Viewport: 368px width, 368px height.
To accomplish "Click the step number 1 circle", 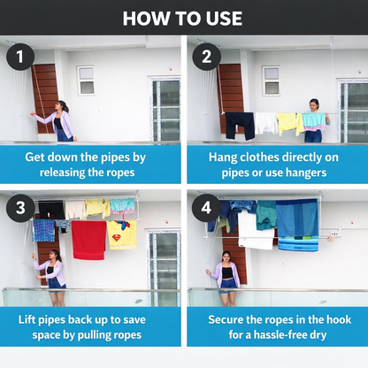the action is [x=20, y=57].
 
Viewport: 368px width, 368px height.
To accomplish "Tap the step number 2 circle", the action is [x=206, y=57].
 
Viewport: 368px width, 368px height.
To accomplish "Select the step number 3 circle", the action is [x=20, y=208].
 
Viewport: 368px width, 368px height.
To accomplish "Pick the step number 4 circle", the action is [x=206, y=208].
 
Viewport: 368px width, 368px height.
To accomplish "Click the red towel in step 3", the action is [x=88, y=240].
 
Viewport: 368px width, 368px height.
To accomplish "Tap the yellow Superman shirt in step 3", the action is [x=122, y=234].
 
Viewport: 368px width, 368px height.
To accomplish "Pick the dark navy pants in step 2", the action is [x=241, y=126].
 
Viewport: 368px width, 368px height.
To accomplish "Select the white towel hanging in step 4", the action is [x=256, y=230].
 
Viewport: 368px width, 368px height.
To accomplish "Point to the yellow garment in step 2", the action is [x=290, y=123].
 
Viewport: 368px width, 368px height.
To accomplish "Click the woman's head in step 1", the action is [x=63, y=106].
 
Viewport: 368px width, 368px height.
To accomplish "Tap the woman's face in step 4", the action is [x=226, y=257].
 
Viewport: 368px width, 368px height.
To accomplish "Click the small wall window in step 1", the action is [x=86, y=80].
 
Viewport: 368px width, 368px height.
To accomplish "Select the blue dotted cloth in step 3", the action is [x=44, y=230].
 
